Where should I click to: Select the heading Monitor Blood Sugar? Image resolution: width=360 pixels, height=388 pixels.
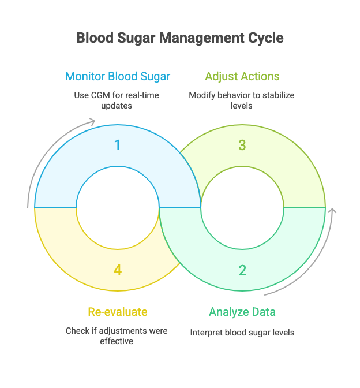point(118,76)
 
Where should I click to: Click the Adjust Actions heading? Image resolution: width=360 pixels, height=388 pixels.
point(242,76)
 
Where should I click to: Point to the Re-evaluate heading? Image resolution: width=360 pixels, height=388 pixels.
point(118,312)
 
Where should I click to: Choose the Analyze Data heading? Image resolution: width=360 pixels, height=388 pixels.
point(242,312)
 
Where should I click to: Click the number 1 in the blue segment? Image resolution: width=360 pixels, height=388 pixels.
point(118,145)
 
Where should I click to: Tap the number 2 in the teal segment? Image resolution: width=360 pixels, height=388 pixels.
point(242,270)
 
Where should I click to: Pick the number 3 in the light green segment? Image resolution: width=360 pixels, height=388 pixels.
point(242,145)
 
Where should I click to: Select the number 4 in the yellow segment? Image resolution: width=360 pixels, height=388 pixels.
point(118,270)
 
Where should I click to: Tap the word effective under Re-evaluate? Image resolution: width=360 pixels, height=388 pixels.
point(117,341)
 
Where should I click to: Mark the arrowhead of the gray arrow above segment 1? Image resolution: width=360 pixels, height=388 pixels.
point(92,121)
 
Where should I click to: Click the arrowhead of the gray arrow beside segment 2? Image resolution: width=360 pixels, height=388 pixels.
point(332,211)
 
